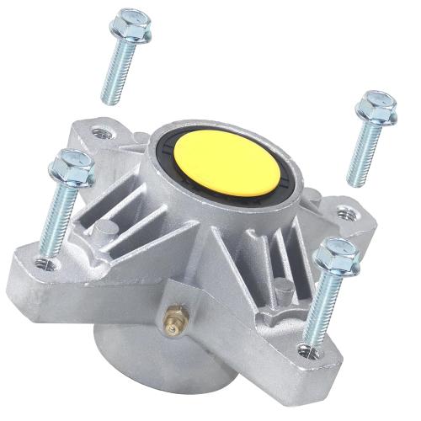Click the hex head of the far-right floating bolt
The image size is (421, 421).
pyautogui.click(x=375, y=108)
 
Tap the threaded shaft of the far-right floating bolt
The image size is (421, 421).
pyautogui.click(x=360, y=156)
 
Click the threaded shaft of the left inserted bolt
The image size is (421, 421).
pyautogui.click(x=53, y=223)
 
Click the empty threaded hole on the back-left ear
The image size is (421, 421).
pyautogui.click(x=103, y=132)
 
